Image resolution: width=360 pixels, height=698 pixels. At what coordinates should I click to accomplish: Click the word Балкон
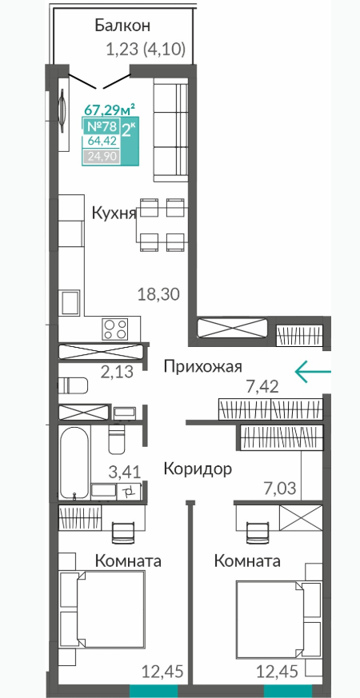coord(122,26)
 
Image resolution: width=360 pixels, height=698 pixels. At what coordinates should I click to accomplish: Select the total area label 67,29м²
coord(110,108)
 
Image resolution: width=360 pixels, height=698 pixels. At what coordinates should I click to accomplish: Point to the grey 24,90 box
coord(101,156)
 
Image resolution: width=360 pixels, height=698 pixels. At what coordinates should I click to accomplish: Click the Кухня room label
coord(114,213)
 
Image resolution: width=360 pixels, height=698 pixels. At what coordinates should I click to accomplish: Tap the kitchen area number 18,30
coord(158,293)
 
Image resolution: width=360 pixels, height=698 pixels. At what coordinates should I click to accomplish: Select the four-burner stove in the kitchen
coord(115,329)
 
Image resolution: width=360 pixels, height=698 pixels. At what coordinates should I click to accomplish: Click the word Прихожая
coord(202,367)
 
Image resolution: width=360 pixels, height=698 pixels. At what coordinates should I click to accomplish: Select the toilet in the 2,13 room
coord(73,385)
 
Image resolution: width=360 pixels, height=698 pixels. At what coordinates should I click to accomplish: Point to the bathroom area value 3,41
coord(125,471)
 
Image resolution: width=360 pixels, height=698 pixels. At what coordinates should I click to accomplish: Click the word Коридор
coord(198,469)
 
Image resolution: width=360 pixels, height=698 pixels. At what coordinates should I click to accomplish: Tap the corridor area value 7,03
coord(278,488)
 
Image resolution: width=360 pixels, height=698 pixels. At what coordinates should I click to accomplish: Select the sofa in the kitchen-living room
coord(170,130)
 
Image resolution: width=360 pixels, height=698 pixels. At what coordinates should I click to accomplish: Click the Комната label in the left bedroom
coord(128,560)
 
